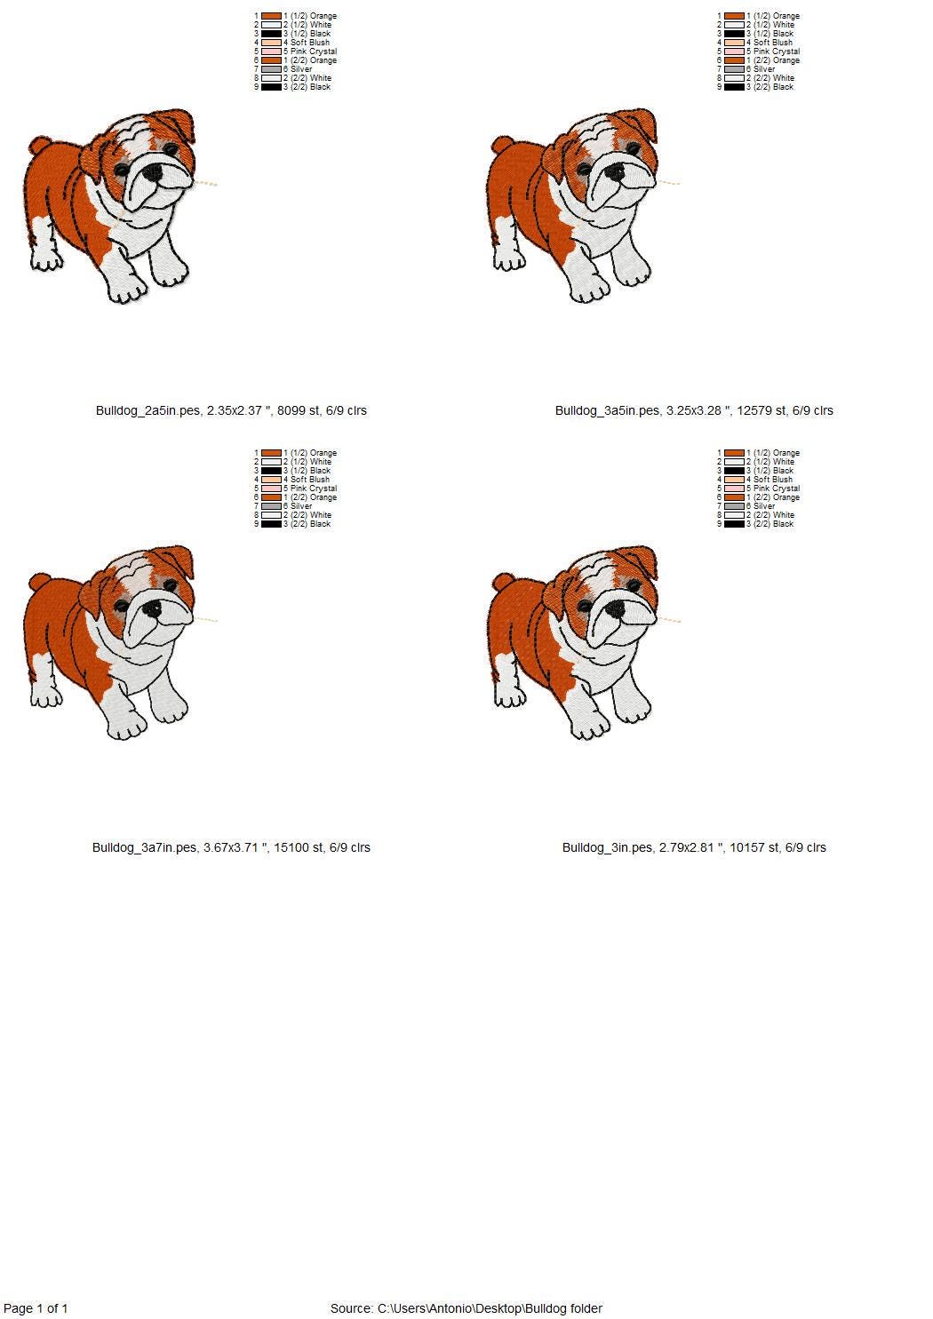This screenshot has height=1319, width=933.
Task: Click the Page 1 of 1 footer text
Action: pyautogui.click(x=36, y=1308)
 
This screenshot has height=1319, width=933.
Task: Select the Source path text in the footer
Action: pyautogui.click(x=466, y=1308)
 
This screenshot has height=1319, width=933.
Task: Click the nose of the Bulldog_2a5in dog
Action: pyautogui.click(x=153, y=173)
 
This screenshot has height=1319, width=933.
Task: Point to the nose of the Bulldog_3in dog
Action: pyautogui.click(x=615, y=608)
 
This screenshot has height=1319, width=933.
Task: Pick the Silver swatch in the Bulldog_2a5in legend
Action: pyautogui.click(x=271, y=69)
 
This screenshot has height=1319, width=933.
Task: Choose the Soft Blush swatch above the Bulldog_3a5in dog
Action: pyautogui.click(x=734, y=43)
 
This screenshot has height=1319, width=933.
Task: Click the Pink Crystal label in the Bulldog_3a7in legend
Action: pyautogui.click(x=314, y=489)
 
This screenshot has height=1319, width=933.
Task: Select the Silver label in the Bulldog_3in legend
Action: pyautogui.click(x=764, y=505)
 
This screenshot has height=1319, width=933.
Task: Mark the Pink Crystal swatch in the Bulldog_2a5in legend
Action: pyautogui.click(x=271, y=52)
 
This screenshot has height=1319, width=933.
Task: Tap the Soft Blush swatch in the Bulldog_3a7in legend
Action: pyautogui.click(x=271, y=480)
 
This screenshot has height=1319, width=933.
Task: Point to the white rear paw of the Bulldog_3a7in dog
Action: pyautogui.click(x=46, y=694)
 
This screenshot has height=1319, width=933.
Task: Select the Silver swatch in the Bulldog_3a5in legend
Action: pyautogui.click(x=734, y=69)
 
